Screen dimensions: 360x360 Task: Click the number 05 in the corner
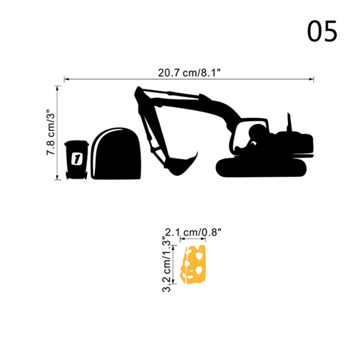[323, 32]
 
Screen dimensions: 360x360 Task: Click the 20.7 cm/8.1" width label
[189, 73]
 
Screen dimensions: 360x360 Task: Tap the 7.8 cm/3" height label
[51, 132]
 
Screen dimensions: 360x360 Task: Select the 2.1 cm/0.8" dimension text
[193, 233]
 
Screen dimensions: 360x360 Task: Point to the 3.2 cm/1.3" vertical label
[166, 264]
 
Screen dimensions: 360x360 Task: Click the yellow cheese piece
[194, 264]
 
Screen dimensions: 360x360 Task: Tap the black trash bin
[76, 160]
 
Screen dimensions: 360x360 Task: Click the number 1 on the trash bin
[77, 158]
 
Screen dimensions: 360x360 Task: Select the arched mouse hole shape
[116, 153]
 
